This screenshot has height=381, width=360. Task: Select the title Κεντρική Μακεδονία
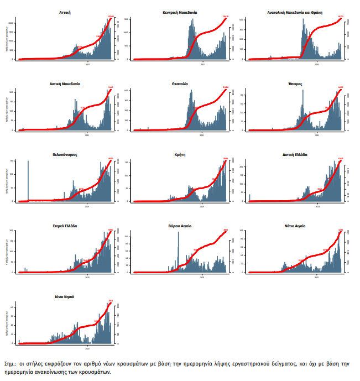point(180,11)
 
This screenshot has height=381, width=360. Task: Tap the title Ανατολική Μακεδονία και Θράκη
point(294,11)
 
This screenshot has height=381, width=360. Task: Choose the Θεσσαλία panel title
point(180,83)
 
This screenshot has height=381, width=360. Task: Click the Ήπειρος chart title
point(294,83)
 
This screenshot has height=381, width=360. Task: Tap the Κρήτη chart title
point(180,155)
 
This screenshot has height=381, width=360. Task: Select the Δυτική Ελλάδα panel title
point(294,155)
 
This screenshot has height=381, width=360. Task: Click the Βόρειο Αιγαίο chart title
point(180,226)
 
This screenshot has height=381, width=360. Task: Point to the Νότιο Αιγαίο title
point(294,226)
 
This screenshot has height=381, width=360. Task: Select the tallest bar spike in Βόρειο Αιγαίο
point(178,252)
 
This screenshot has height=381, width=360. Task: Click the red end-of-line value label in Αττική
point(110,17)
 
